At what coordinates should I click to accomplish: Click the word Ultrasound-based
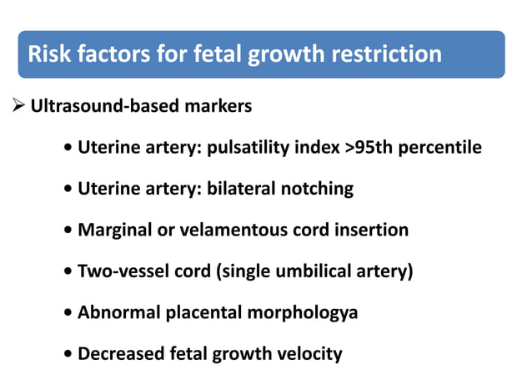(x=107, y=107)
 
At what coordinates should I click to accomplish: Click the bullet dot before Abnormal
(x=67, y=313)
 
